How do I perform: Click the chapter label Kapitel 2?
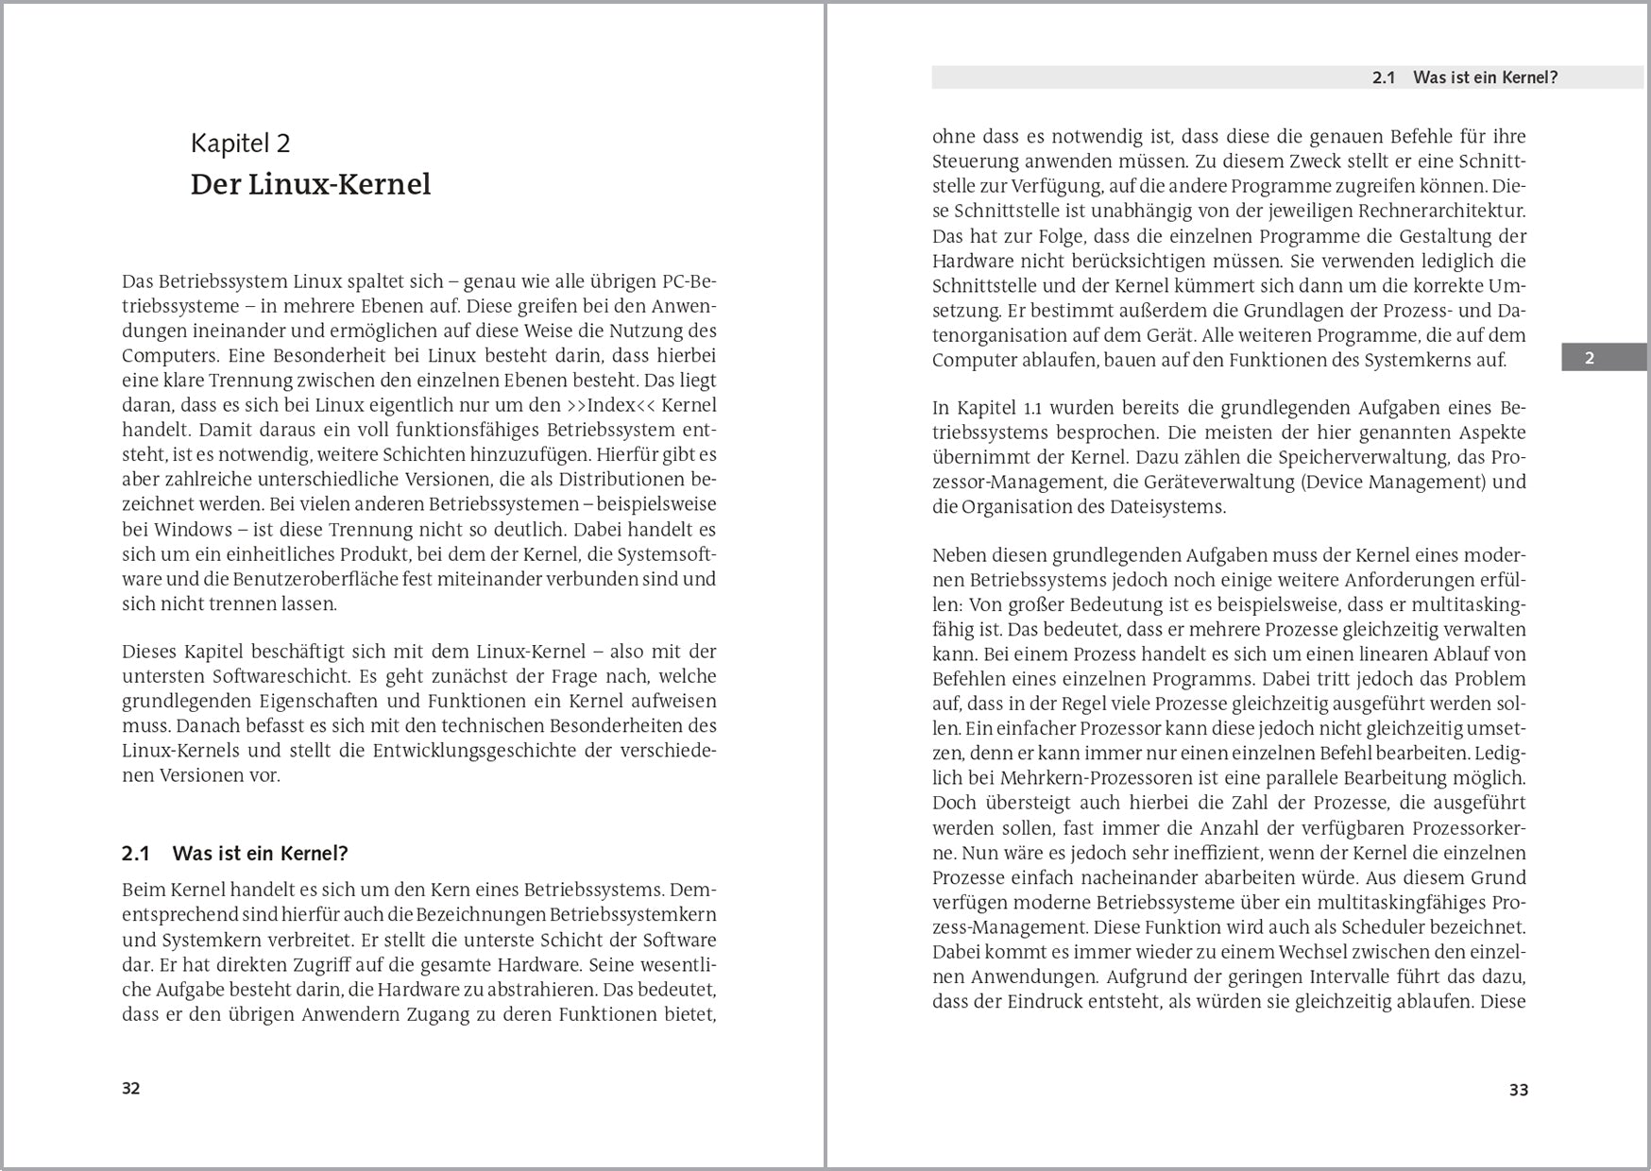240,144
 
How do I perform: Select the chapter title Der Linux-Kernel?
310,184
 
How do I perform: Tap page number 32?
131,1088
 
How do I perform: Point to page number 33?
1518,1090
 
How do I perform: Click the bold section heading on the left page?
235,854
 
